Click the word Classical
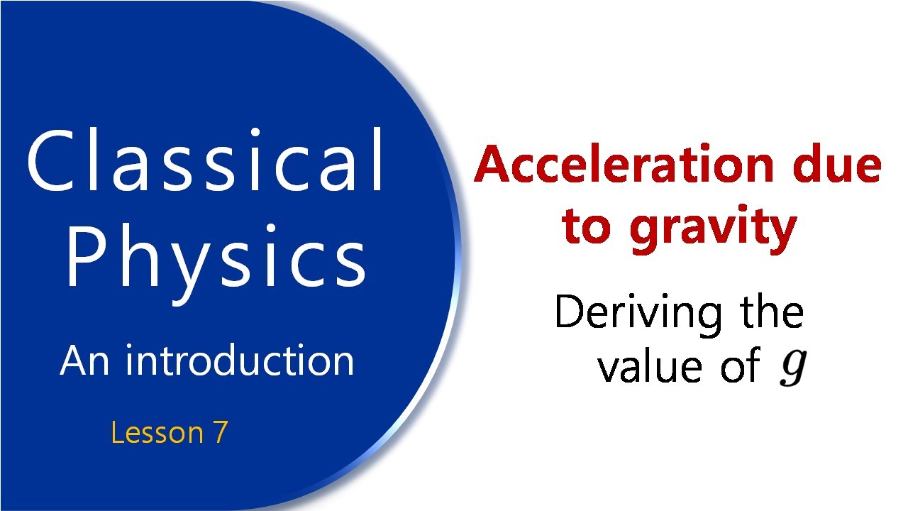click(206, 161)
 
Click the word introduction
click(240, 361)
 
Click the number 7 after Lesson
click(219, 432)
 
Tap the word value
click(649, 367)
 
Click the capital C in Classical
click(50, 161)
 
